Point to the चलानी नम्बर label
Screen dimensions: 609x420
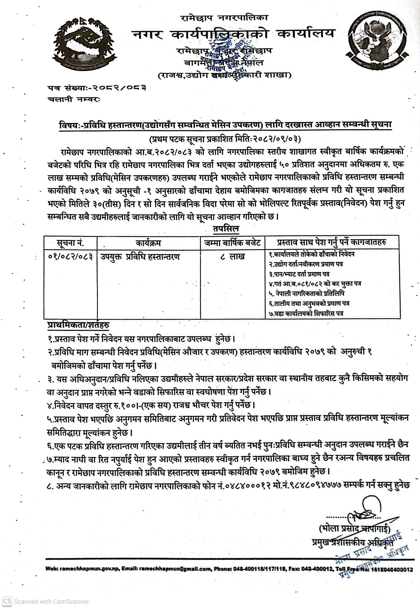74,100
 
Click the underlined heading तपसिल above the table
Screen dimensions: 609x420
226,228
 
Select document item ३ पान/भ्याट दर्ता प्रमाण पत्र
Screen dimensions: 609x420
299,274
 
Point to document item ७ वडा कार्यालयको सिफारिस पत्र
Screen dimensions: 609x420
306,313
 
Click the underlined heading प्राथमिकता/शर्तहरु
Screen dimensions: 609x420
78,325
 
